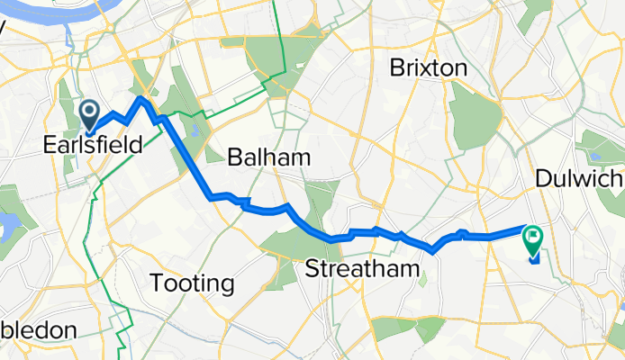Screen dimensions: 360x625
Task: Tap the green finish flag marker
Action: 532,238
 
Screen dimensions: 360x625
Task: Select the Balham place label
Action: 268,157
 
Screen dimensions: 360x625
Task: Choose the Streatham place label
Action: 362,268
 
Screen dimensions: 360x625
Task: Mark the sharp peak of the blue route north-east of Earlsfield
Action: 141,97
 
